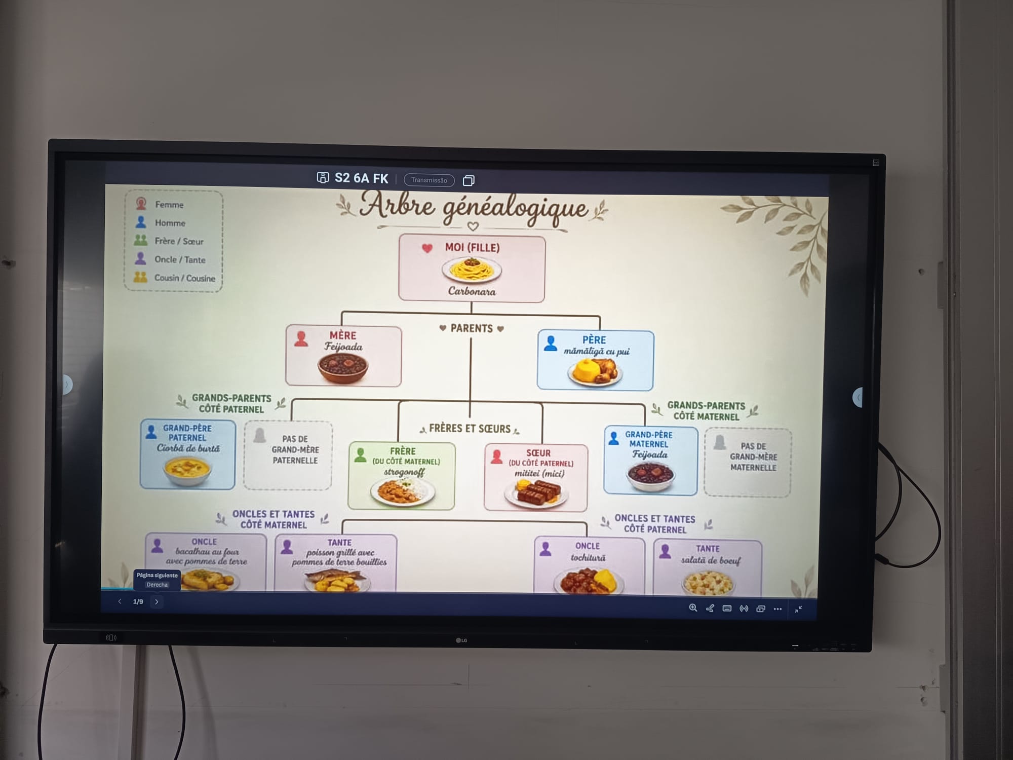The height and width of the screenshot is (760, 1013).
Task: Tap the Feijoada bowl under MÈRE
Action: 343,367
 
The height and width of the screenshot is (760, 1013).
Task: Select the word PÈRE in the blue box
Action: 594,339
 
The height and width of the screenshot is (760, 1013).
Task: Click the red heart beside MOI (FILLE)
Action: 427,248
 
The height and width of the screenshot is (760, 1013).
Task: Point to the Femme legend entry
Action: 169,204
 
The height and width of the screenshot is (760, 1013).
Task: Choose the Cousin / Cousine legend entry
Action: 184,278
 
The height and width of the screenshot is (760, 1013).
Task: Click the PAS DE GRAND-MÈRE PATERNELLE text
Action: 295,449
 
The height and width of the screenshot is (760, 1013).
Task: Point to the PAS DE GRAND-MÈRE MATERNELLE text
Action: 753,457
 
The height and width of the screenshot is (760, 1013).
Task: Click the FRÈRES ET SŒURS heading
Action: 470,429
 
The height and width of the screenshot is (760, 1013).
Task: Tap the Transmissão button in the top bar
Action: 429,180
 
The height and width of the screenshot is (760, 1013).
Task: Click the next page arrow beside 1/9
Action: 157,602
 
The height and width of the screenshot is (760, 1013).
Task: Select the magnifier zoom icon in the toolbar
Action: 693,608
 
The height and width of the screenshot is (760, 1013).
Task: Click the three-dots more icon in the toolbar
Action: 777,609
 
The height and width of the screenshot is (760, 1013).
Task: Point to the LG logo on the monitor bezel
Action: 461,640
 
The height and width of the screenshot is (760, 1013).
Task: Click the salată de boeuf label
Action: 711,560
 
